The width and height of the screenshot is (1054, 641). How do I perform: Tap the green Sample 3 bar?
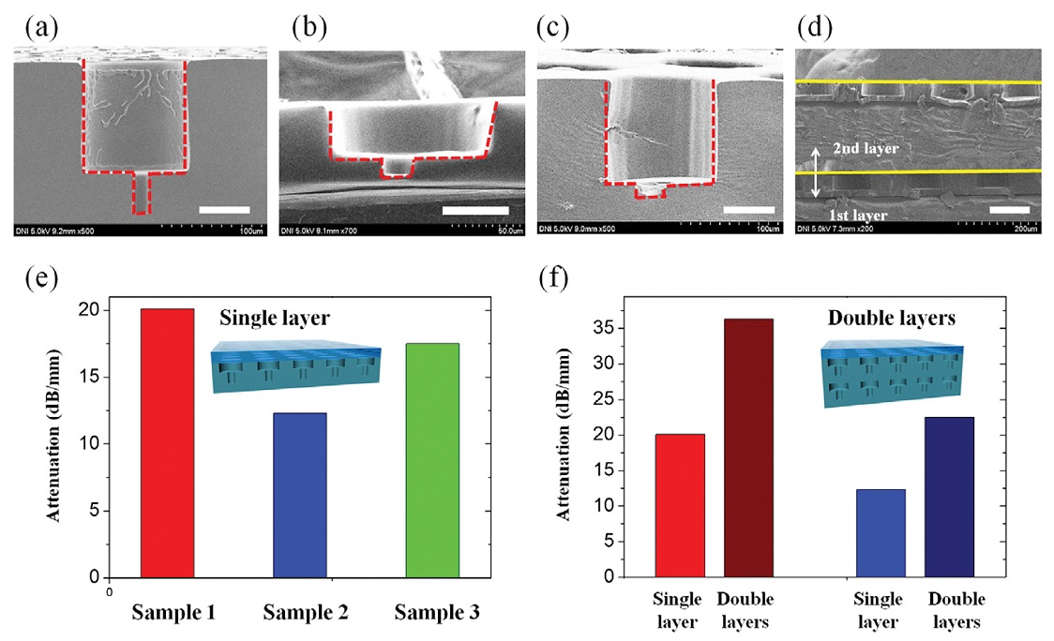click(432, 460)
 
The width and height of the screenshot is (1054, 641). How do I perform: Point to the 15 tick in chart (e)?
click(89, 378)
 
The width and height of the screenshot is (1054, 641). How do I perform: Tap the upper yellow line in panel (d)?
click(918, 83)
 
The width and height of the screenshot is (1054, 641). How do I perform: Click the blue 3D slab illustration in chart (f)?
click(891, 373)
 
